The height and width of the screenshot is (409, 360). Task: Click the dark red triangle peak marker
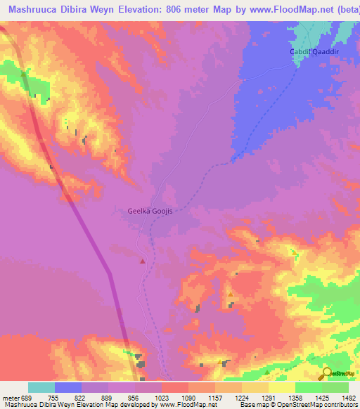[x=143, y=261]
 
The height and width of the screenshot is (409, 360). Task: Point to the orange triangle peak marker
[x=230, y=294]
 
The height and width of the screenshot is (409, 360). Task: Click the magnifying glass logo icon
[x=326, y=373]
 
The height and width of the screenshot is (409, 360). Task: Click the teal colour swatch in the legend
[x=41, y=387]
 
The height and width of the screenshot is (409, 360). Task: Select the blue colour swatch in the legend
[x=68, y=387]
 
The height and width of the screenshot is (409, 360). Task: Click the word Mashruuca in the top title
[x=32, y=9]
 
